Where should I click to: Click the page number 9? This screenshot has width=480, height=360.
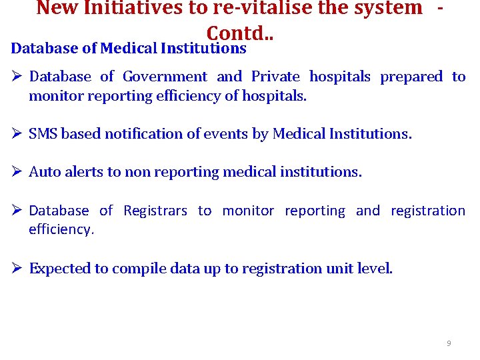(449, 343)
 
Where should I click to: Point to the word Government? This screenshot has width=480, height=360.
(165, 77)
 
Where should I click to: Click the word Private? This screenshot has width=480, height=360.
(275, 77)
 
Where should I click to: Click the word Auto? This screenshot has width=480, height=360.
(43, 172)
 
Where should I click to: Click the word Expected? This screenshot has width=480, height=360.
(59, 269)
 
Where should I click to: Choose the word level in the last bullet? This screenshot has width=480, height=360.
(376, 269)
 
